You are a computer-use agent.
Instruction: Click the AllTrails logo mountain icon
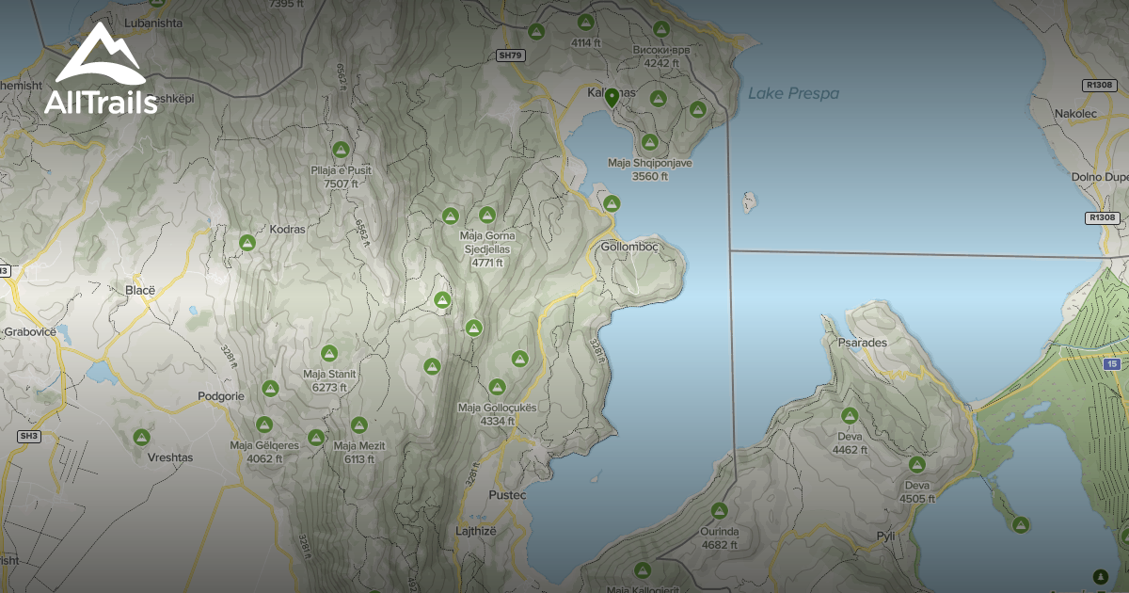coord(99,56)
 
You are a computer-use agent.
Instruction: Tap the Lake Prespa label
coord(793,93)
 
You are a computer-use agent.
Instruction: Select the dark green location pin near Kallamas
coord(612,97)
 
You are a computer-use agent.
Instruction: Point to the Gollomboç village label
coord(628,247)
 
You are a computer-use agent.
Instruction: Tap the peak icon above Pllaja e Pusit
coord(341,150)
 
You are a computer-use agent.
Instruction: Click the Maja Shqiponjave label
coord(649,163)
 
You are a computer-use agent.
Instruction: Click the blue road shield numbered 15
coord(1113,363)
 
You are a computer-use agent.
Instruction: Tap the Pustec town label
coord(507,494)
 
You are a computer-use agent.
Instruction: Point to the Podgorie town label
coord(221,396)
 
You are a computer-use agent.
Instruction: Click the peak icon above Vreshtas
coord(142,437)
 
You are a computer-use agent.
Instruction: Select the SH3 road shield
coord(29,436)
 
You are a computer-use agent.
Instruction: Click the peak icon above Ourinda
coord(720,510)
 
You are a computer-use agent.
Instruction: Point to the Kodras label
coord(261,229)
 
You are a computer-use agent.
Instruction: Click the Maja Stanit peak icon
coord(328,353)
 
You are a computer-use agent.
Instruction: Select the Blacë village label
coord(139,290)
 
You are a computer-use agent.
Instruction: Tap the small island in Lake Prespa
coord(750,201)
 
